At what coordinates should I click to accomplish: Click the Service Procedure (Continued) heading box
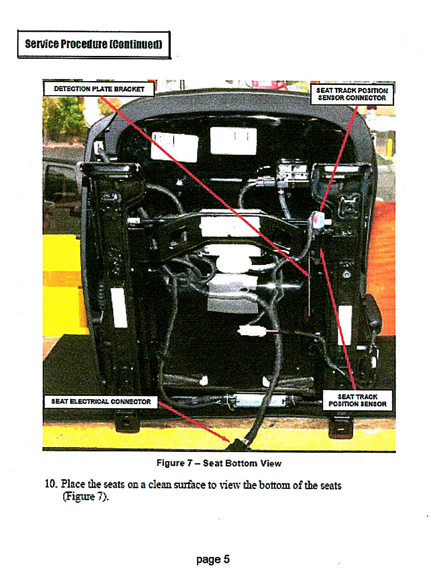point(94,45)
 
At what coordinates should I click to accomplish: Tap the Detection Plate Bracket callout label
point(99,89)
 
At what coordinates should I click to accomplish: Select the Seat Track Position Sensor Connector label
point(352,94)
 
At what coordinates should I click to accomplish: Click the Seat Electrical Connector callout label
point(101,402)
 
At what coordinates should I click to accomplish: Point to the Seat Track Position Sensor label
point(358,400)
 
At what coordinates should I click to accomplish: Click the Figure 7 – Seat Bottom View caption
point(219,463)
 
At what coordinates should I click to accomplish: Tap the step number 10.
point(50,484)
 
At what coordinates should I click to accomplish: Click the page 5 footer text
point(213,559)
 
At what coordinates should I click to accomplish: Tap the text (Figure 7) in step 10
point(85,496)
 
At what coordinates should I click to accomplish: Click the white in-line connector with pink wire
point(251,331)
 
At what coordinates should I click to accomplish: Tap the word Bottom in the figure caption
point(241,463)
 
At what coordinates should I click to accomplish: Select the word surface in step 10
point(188,485)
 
